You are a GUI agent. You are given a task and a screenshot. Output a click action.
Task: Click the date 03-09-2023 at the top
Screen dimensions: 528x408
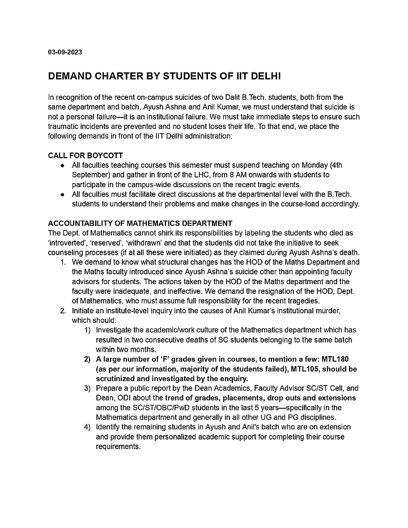point(65,52)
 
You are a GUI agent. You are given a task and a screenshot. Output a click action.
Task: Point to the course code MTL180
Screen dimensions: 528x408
point(343,360)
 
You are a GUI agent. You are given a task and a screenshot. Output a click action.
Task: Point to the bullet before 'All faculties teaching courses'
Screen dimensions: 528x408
point(62,164)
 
